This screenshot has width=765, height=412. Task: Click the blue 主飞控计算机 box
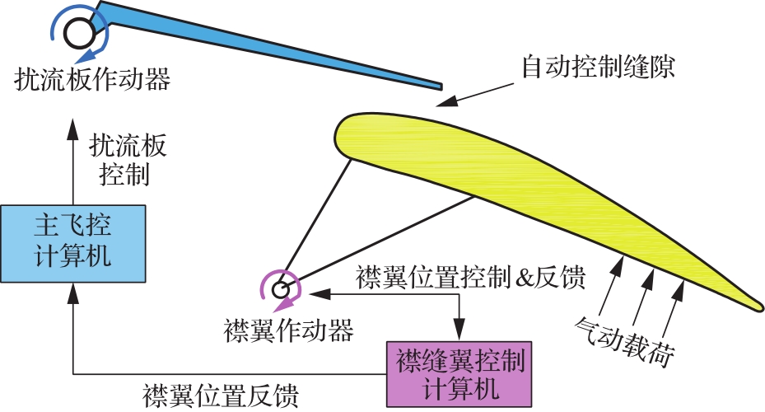tap(73, 244)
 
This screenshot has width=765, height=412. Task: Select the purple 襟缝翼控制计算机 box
tap(459, 374)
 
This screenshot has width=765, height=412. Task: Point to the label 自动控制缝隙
tap(598, 67)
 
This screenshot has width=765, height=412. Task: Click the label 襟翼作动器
tap(289, 330)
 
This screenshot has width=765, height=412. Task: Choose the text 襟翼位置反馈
tap(221, 396)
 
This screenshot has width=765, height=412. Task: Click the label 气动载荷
tap(625, 342)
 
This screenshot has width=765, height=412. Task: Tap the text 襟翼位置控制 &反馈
tap(470, 278)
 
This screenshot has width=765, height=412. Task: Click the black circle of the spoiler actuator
tap(80, 34)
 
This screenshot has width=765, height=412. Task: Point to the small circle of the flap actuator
tap(281, 290)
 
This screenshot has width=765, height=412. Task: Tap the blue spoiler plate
tap(273, 46)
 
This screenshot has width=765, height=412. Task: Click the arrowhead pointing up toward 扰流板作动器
tap(73, 129)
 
